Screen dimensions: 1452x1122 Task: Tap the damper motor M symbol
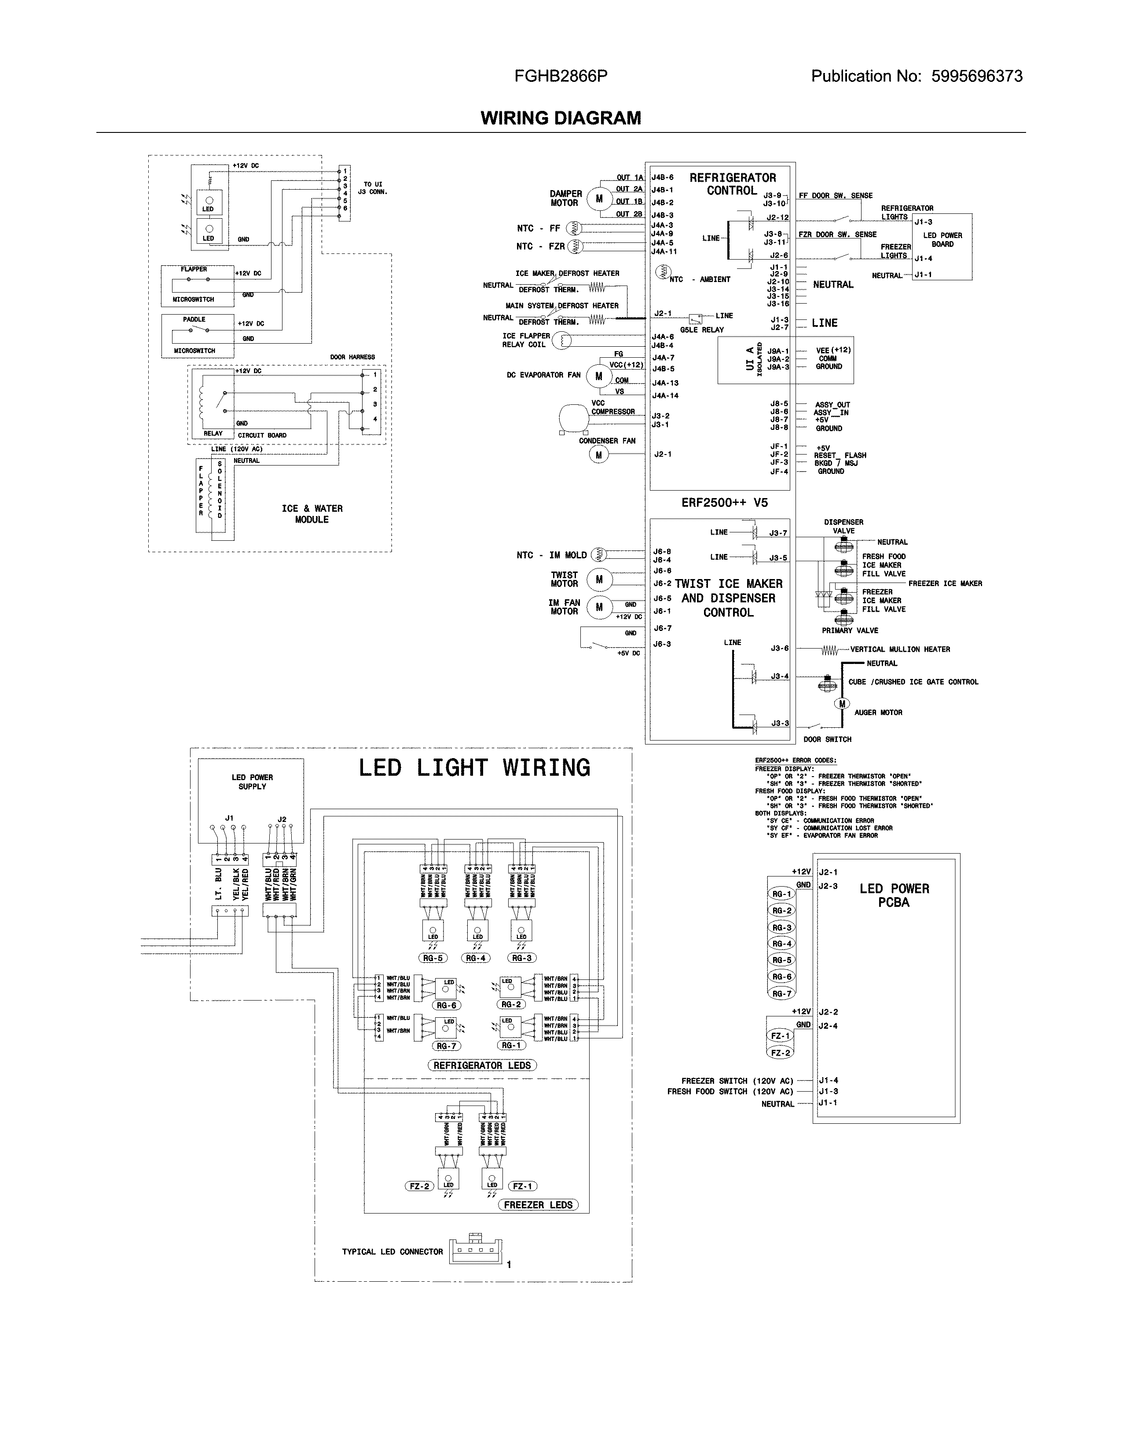[599, 198]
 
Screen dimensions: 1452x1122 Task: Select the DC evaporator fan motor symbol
[599, 376]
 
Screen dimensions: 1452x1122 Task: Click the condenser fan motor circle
[599, 455]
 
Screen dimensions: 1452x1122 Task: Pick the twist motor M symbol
[599, 580]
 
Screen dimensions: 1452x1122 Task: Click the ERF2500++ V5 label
[724, 502]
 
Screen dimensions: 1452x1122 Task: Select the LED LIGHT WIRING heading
[474, 768]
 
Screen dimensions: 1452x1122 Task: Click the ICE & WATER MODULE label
[312, 514]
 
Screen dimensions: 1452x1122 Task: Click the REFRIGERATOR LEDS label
[482, 1065]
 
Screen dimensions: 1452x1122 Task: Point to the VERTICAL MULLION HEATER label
[900, 649]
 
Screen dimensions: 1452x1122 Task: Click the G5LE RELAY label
[702, 330]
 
